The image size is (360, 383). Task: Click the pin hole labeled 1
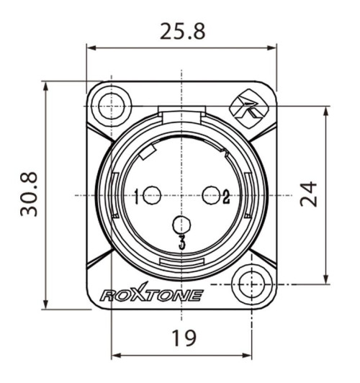[x=152, y=194]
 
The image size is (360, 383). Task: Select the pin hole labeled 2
[x=212, y=194]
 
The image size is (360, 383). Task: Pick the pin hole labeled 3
[x=182, y=225]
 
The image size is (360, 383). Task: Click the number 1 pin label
[x=137, y=195]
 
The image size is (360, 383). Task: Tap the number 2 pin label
[x=226, y=195]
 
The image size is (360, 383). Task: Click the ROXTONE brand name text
[x=151, y=295]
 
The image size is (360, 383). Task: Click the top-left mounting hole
[x=111, y=101]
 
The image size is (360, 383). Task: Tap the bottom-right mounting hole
[x=252, y=284]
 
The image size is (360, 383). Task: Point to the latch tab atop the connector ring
[x=181, y=114]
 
